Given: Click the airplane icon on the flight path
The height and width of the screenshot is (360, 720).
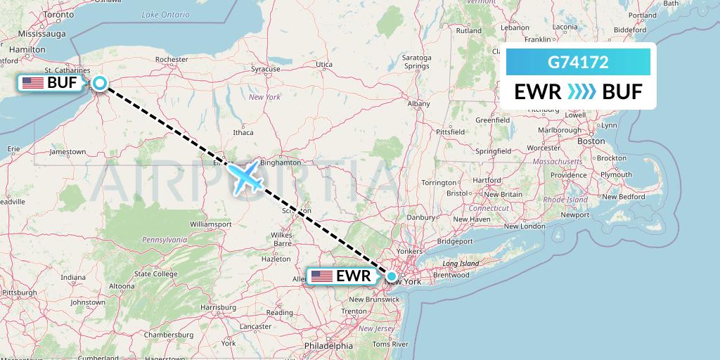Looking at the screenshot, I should point(245,176).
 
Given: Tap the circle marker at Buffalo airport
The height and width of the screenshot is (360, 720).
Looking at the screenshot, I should point(100,84).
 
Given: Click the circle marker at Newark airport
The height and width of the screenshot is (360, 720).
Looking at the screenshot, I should point(392,276).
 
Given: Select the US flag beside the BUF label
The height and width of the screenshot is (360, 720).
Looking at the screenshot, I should point(32,83).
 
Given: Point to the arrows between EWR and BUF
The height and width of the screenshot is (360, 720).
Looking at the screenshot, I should point(580,92).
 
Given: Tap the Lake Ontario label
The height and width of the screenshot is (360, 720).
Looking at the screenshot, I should point(165,14).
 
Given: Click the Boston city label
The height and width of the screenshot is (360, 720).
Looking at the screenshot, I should point(591,141).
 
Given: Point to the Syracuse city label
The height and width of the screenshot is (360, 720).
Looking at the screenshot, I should point(266,69).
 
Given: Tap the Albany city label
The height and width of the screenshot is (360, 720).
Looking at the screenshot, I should point(418,103).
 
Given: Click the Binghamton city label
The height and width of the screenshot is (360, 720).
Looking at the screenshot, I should point(281,162).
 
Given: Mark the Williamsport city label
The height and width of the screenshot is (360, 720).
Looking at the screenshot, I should point(210,224).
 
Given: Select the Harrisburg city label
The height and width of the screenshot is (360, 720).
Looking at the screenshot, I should point(217,307).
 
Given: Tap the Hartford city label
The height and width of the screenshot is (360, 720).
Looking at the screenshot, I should point(487,180).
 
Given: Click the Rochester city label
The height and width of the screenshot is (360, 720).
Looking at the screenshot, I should point(172,60).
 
